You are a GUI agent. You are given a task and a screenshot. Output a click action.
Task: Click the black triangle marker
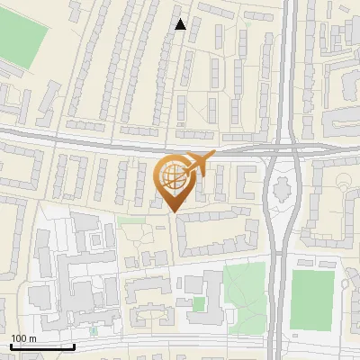181,24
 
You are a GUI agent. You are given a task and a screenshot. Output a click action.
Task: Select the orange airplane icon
198,164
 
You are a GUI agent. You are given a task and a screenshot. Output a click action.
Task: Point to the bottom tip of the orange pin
174,211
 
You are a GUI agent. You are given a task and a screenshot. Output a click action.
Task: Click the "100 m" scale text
23,338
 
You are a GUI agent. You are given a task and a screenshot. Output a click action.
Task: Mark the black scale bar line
42,346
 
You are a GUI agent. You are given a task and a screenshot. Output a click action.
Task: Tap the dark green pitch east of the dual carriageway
310,297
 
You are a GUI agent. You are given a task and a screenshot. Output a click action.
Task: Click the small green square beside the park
198,304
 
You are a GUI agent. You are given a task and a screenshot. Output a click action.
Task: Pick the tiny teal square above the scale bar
93,330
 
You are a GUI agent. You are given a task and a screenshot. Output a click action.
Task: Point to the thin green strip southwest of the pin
130,219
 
